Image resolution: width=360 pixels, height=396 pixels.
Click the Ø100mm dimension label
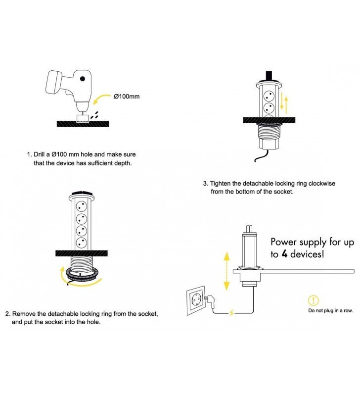point(127,96)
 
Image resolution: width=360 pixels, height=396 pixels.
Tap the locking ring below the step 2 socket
point(79,275)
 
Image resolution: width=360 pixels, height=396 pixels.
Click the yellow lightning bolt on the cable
point(232,312)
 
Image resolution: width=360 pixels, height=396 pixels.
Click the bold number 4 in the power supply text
point(286,254)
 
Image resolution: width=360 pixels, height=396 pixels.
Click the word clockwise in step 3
point(320,183)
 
